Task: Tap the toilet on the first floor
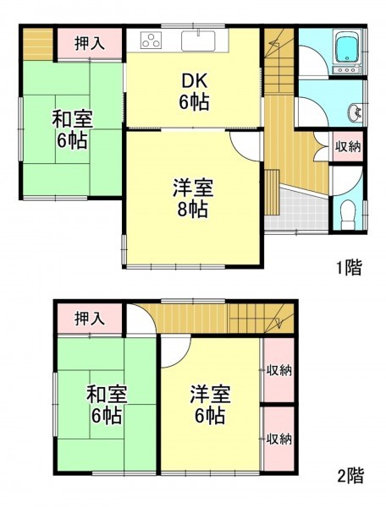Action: [348, 215]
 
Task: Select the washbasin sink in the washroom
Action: [356, 113]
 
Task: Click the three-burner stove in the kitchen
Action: [151, 41]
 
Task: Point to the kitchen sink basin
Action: [198, 41]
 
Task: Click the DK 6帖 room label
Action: [195, 92]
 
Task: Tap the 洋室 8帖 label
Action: [193, 199]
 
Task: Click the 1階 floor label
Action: [349, 267]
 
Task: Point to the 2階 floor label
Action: [350, 475]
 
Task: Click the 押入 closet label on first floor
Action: [90, 43]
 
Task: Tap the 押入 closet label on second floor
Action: [90, 319]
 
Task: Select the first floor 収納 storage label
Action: [348, 147]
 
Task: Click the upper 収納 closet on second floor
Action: [278, 370]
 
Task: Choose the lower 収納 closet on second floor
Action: [278, 439]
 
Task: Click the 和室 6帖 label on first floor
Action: [73, 129]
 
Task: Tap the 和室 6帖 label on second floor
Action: [107, 405]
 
